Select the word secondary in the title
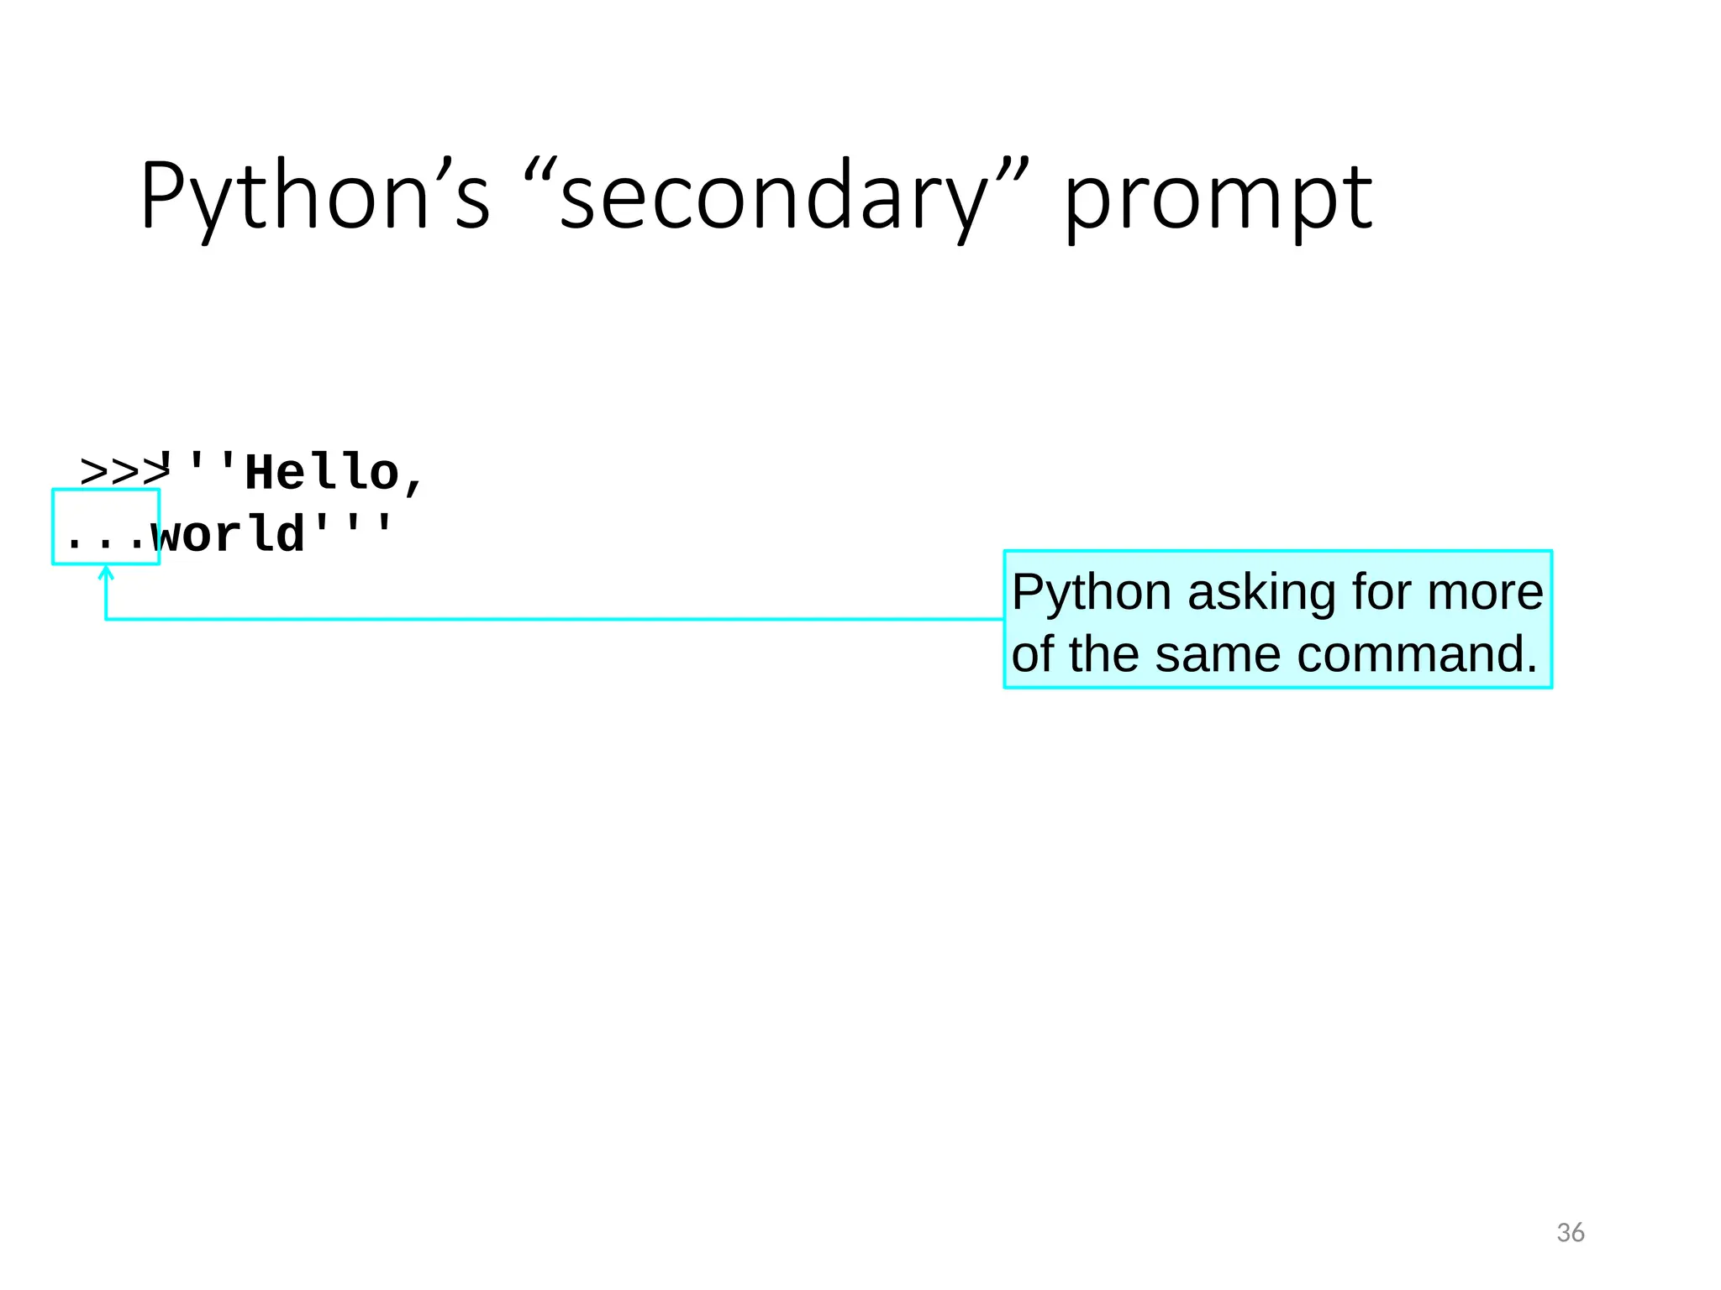773,198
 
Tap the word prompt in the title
1218,202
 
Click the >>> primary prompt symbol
122,472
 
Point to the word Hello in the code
321,472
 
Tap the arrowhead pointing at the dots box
106,573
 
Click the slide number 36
1570,1233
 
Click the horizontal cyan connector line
555,619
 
